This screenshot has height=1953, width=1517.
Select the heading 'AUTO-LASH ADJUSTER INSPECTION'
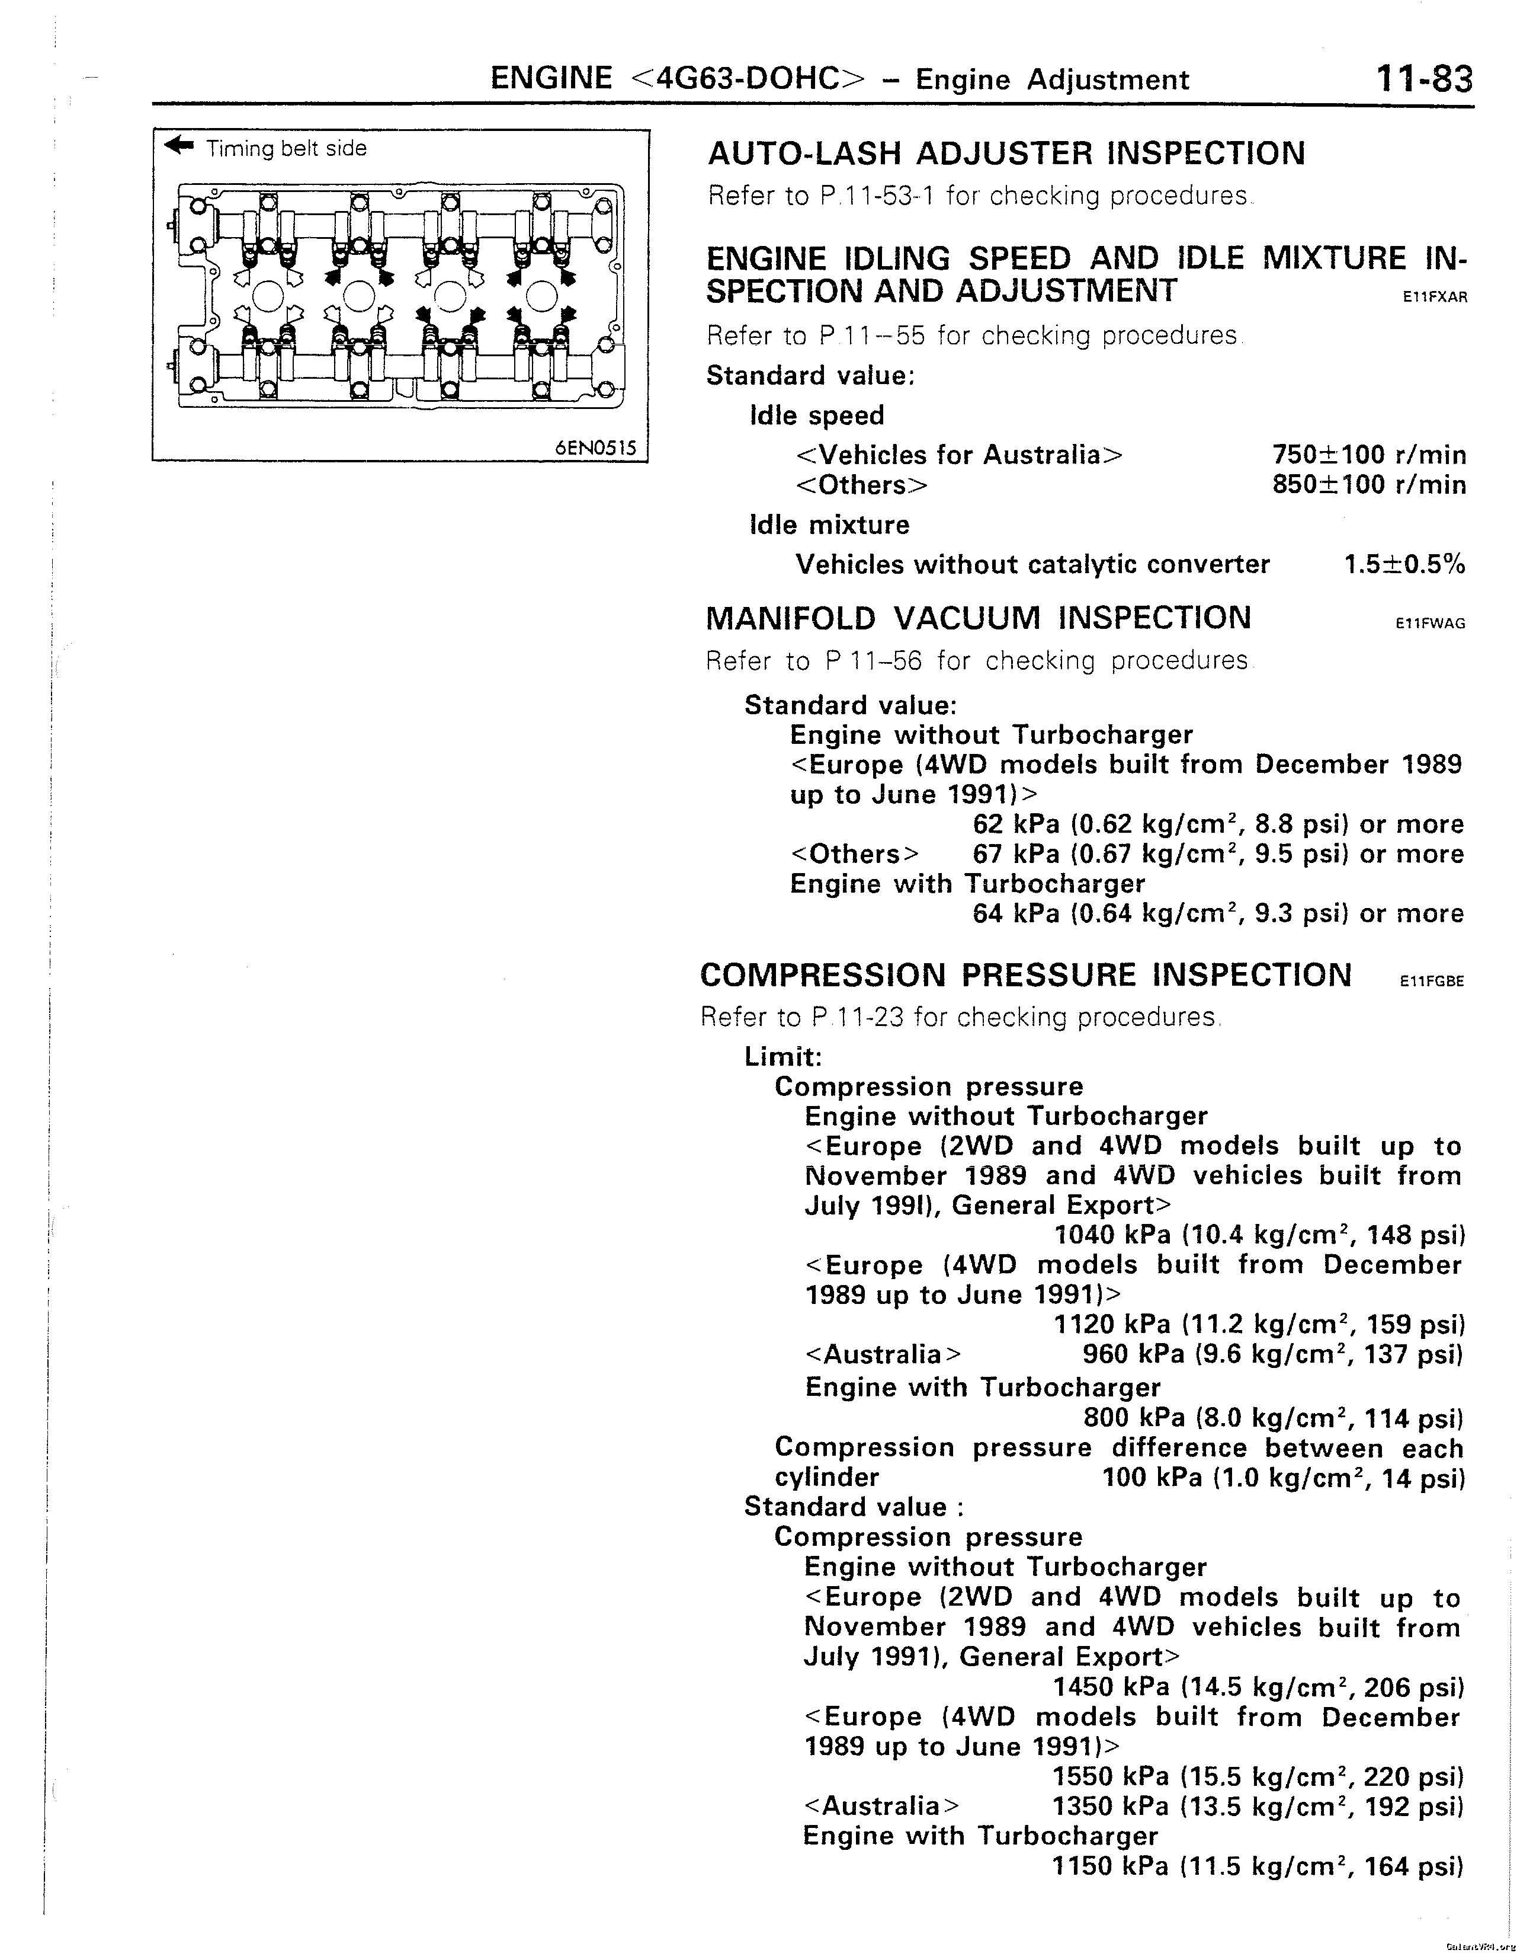point(1006,154)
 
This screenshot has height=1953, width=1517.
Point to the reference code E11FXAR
point(1435,298)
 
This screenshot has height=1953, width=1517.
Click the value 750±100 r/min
point(1368,455)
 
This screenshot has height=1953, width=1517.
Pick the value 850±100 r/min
point(1368,485)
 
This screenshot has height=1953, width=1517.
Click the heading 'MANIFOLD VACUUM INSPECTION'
point(978,619)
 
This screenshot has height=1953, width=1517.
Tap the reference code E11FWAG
point(1431,624)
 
